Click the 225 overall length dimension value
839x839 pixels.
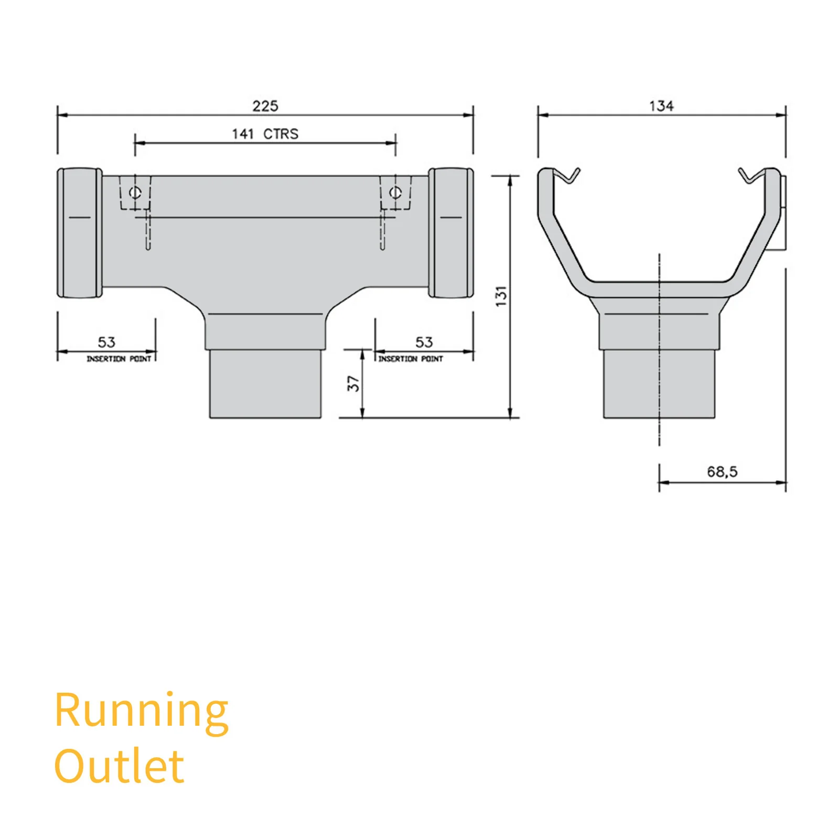point(265,106)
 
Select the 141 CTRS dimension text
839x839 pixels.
point(265,134)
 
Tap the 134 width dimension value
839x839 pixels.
point(661,106)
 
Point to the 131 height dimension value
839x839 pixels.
point(501,296)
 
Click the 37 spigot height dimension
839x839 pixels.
point(353,384)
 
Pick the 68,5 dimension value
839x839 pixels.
point(722,472)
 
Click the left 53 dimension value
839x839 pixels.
point(106,342)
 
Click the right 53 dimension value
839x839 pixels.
point(424,342)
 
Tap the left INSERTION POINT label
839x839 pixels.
point(119,359)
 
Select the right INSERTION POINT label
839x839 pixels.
point(411,359)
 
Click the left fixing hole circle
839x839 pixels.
point(135,192)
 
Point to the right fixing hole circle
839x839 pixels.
point(395,192)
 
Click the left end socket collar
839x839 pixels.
point(80,233)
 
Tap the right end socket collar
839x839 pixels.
point(451,233)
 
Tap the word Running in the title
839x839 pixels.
point(142,712)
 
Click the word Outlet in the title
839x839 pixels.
point(120,766)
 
